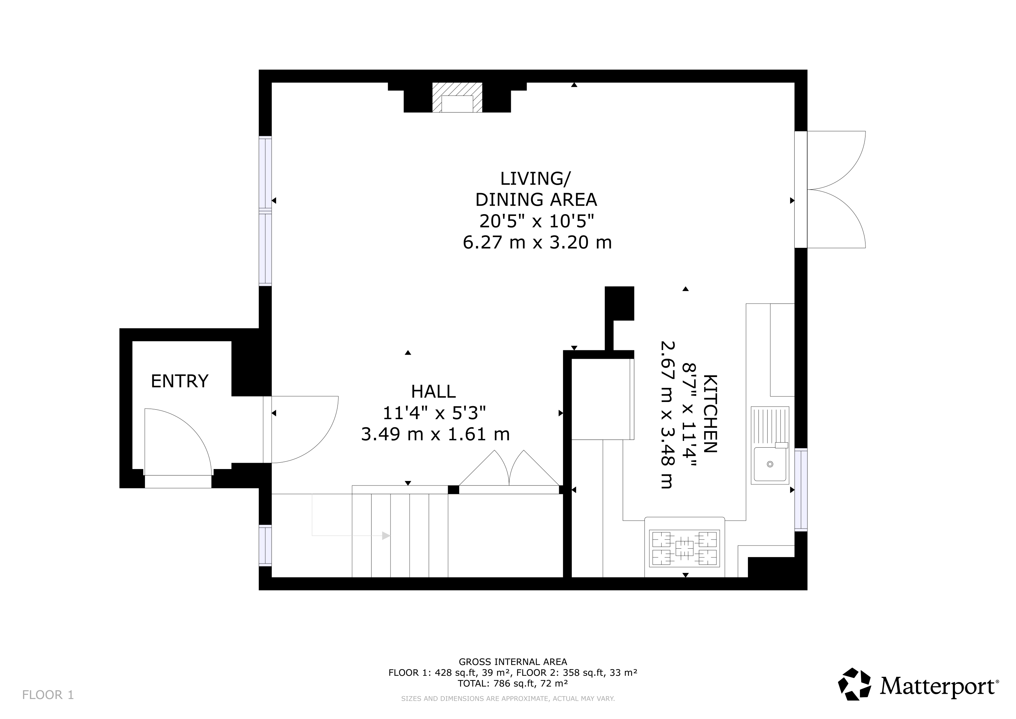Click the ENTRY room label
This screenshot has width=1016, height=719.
[179, 381]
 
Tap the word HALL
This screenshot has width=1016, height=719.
[433, 392]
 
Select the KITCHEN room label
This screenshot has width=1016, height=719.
[710, 414]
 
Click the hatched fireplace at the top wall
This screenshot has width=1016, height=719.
[457, 97]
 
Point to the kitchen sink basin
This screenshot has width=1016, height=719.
[770, 464]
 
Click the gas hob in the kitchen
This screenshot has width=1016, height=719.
[684, 548]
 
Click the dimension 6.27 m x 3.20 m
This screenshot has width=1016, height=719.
[537, 243]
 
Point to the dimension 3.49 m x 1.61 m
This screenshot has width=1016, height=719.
[435, 434]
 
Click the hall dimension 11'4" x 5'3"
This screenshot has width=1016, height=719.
[434, 413]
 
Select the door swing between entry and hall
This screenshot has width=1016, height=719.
[305, 429]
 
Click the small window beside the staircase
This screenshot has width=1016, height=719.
[265, 546]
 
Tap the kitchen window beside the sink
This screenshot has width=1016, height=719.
[801, 490]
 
